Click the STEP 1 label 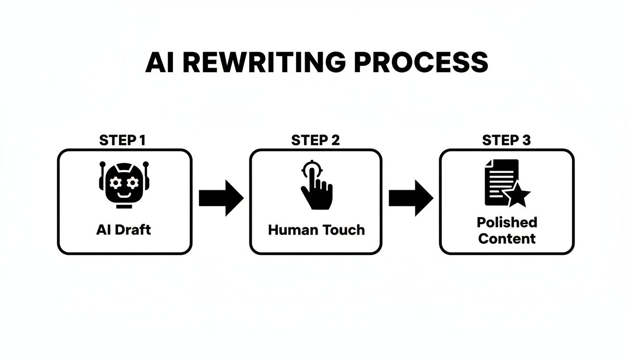pos(123,140)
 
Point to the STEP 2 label pos(315,140)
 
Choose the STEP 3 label pos(507,140)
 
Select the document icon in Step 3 pos(502,182)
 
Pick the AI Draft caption pos(124,230)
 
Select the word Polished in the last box pos(507,222)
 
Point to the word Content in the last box pos(507,239)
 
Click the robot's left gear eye pos(115,182)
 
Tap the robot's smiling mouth pos(124,194)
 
